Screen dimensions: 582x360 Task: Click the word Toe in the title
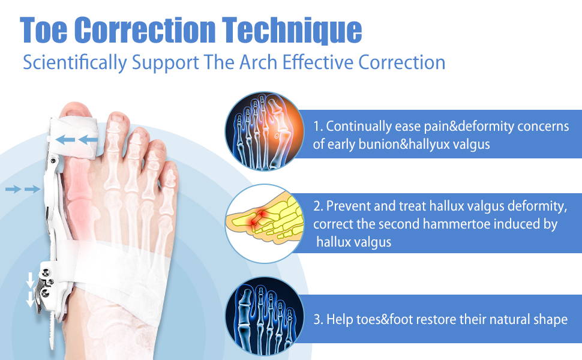pyautogui.click(x=44, y=30)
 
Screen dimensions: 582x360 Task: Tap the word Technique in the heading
pyautogui.click(x=292, y=31)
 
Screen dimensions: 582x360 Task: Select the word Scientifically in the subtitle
pyautogui.click(x=75, y=62)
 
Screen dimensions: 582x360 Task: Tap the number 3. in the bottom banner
pyautogui.click(x=318, y=319)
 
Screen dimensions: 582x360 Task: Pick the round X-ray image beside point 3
pyautogui.click(x=264, y=316)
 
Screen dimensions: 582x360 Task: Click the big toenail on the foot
pyautogui.click(x=76, y=110)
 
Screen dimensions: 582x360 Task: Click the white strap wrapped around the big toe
pyautogui.click(x=74, y=137)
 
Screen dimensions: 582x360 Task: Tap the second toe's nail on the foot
pyautogui.click(x=118, y=118)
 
